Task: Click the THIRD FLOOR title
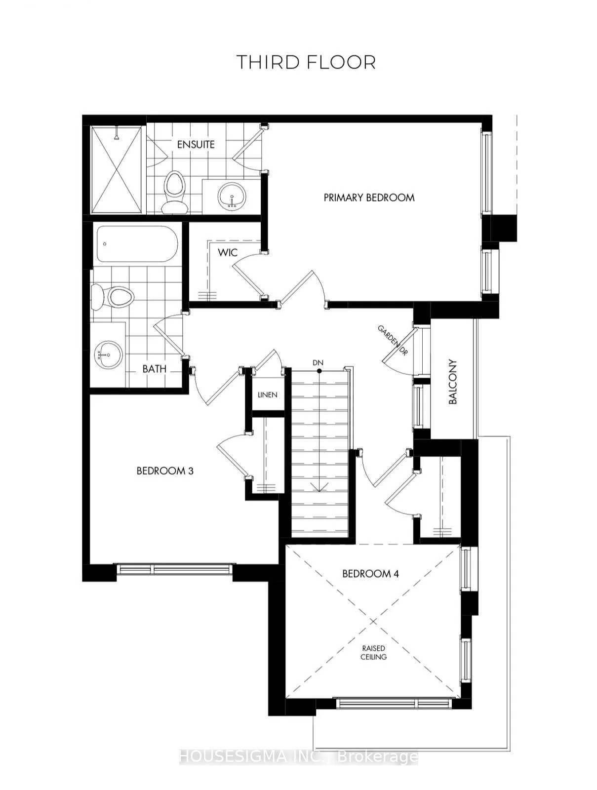coord(306,62)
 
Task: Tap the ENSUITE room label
coord(196,145)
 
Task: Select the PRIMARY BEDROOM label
coord(369,197)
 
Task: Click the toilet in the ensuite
coord(174,192)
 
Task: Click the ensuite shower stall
coord(116,169)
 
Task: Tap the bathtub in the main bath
coord(137,243)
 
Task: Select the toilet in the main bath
coord(112,297)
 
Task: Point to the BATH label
coord(154,369)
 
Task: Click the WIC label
coord(228,253)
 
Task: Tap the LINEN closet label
coord(267,395)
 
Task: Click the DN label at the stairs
coord(318,362)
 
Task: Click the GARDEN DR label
coord(393,341)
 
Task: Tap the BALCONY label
coord(452,382)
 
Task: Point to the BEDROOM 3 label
coord(165,471)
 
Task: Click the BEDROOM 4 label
coord(370,573)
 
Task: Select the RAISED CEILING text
coord(374,653)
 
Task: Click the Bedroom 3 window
coord(174,569)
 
